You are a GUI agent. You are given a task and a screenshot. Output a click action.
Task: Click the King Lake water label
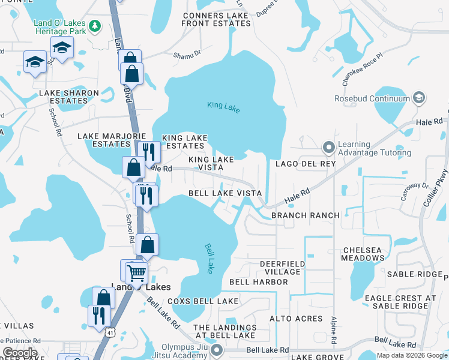click(223, 106)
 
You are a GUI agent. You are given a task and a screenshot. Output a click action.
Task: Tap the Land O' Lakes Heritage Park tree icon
click(94, 26)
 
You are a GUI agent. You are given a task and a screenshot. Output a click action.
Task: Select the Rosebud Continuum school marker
click(420, 98)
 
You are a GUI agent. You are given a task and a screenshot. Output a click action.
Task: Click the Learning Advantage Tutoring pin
click(328, 147)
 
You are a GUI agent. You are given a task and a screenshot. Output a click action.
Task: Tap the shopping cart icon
click(137, 273)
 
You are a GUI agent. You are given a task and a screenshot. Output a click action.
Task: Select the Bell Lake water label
click(210, 258)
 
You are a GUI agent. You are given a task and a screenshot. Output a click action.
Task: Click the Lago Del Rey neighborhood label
click(305, 164)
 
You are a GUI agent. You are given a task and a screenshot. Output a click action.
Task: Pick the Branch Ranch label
click(306, 215)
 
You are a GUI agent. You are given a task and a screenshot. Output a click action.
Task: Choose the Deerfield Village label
click(282, 268)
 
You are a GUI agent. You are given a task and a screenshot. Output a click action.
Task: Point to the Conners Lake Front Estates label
click(216, 19)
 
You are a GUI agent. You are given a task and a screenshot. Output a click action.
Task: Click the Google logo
click(19, 353)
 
